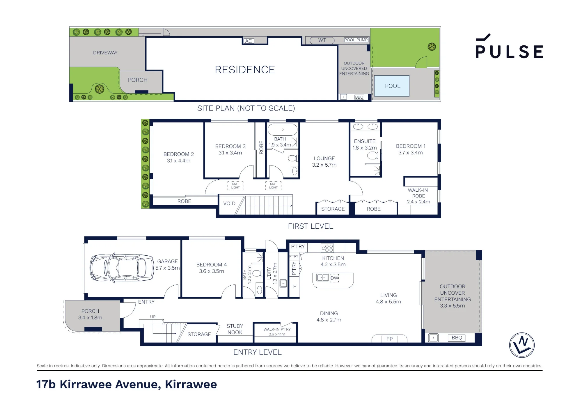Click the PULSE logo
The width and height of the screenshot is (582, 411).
coord(509,47)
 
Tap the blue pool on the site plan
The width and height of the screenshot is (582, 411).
coord(392,86)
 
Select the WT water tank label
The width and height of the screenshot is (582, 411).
coord(322,40)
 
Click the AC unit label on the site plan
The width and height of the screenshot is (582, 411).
coord(249,41)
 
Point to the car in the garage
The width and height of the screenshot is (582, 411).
coord(122,268)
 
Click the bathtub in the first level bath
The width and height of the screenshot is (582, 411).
coord(282,129)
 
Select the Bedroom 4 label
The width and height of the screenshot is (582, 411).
coord(212,265)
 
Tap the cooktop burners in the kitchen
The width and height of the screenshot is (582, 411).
coord(327,248)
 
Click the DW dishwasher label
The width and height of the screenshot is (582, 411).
coord(334,278)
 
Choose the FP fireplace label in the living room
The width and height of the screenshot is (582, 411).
coord(389,339)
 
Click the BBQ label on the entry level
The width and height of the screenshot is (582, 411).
coord(457,338)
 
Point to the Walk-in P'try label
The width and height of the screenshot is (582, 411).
coord(277,329)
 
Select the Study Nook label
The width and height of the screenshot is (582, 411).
coord(235,329)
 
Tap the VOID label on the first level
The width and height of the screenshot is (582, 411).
coord(229,204)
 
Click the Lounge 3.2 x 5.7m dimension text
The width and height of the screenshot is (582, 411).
coord(324,165)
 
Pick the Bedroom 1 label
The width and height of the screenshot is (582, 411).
coord(411,146)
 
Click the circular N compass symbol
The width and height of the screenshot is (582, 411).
coord(522,345)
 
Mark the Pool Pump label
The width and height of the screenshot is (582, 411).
coord(356,40)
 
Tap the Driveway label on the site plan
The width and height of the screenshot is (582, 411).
coord(105,53)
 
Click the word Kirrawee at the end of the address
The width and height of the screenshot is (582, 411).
coord(191,384)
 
